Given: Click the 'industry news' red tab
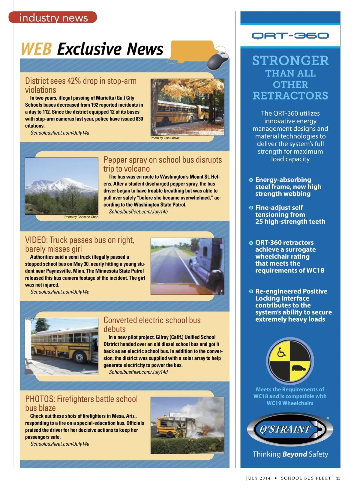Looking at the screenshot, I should (53, 17).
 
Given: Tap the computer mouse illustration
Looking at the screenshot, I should (218, 60).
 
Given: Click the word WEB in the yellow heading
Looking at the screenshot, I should (36, 49).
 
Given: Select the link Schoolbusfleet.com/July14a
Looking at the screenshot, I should (60, 133).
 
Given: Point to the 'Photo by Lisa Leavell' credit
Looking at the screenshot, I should (165, 138).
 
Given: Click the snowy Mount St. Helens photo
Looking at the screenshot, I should (61, 186).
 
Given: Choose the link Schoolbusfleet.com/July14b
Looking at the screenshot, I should (138, 212).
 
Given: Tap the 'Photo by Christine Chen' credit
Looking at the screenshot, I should (81, 217).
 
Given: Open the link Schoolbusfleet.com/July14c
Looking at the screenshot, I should (60, 292).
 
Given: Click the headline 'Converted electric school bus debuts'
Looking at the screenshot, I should (152, 324).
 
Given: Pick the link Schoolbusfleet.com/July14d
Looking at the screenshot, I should (138, 372).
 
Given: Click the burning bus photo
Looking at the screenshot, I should (187, 425).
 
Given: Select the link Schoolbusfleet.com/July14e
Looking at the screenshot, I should (60, 444).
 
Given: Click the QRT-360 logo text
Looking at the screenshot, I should (290, 36).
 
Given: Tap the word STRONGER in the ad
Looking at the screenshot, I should (290, 61).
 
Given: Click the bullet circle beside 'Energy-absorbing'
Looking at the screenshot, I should (251, 180).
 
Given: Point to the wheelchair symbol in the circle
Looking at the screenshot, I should (281, 353).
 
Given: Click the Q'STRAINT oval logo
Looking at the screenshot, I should (290, 429).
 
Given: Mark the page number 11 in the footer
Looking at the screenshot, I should (338, 478).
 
